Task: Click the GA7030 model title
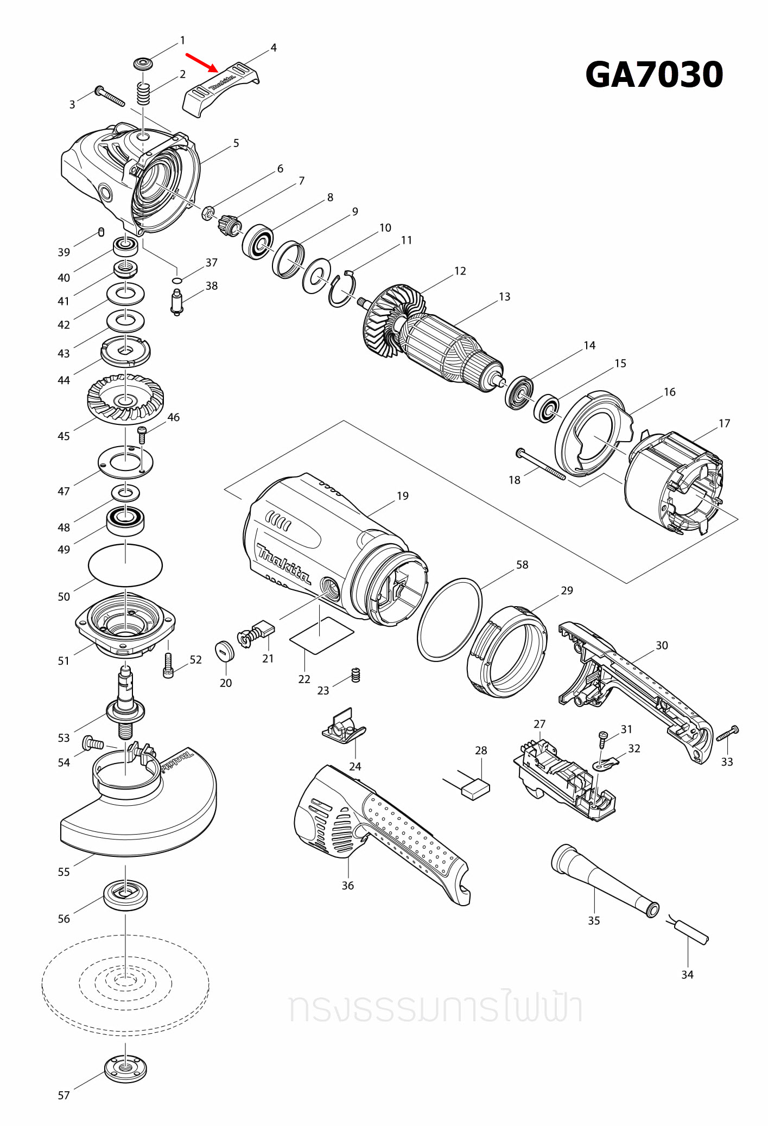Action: coord(653,74)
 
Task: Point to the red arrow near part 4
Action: coord(201,62)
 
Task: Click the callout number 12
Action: coord(460,271)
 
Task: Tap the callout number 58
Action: coord(522,564)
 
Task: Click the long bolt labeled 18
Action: coord(541,465)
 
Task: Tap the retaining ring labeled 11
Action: coord(342,290)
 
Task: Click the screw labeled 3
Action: coord(110,96)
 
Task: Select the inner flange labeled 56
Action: coord(125,895)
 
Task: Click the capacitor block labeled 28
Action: coord(475,788)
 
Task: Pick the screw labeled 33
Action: coord(727,734)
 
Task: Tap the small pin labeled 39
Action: coord(101,232)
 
